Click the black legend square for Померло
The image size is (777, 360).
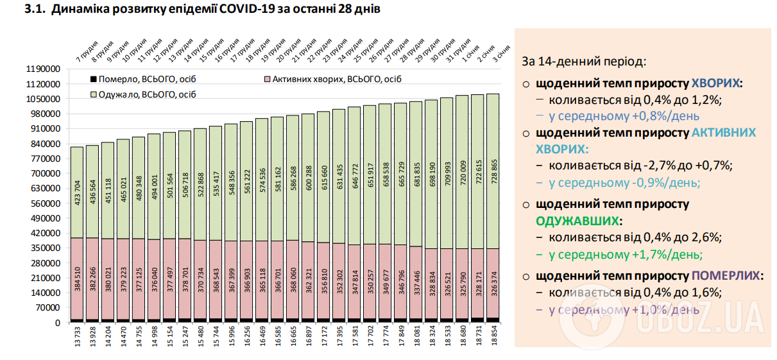point(94,79)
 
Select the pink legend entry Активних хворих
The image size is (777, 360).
point(333,80)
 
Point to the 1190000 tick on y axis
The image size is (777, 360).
point(43,69)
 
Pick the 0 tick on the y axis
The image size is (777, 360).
point(56,323)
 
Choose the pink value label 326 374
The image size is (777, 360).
point(493,284)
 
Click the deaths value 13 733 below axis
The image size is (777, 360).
point(77,338)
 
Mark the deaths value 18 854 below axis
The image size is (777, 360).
point(493,338)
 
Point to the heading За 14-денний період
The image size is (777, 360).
point(583,62)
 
